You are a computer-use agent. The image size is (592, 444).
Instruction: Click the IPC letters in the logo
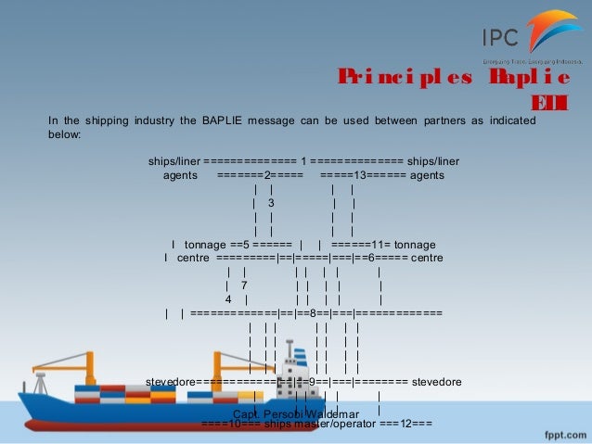[x=500, y=37]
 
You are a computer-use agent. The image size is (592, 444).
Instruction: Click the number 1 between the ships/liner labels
[x=303, y=160]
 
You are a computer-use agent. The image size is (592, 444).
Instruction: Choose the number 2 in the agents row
[x=267, y=174]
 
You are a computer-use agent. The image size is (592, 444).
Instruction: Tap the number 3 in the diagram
[x=270, y=202]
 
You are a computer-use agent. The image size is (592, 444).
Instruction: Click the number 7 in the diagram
[x=243, y=285]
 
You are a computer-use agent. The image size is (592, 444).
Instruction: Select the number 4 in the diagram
[x=228, y=299]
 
